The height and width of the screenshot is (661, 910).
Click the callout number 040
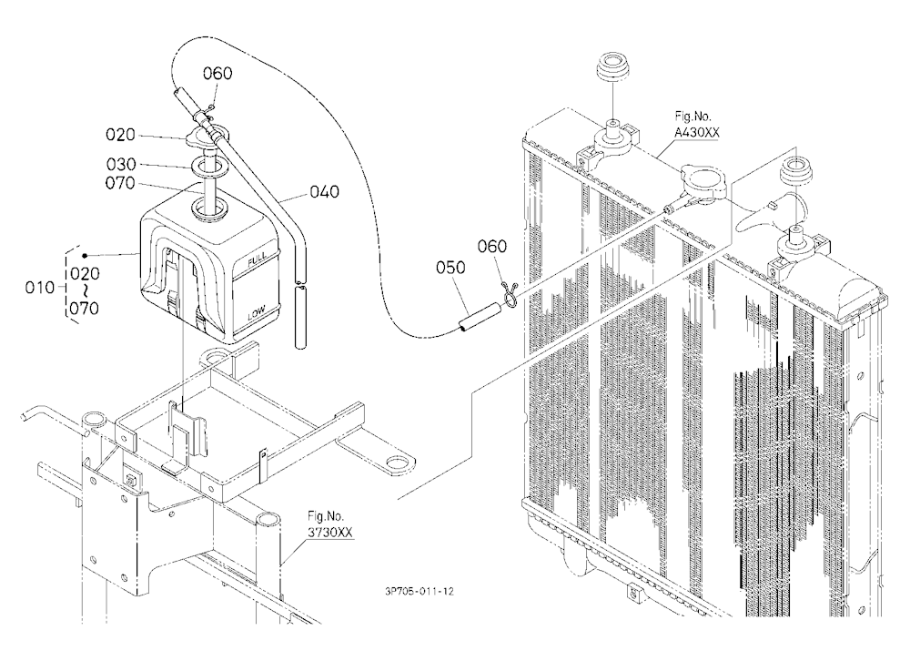point(325,192)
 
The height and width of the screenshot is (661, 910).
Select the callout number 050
point(451,267)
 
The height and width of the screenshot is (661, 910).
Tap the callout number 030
point(121,165)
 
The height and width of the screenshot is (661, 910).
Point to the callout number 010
point(39,287)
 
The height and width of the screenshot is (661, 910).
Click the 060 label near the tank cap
point(217,73)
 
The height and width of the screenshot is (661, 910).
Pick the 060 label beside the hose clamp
point(492,246)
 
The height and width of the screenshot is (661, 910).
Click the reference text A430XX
point(696,132)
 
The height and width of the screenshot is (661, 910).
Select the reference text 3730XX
point(329,532)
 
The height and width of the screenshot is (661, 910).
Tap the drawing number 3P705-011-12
point(419,591)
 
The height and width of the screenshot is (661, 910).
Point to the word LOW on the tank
point(256,313)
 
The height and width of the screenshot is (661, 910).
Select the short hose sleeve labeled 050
point(480,318)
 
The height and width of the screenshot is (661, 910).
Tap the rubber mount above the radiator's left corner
point(612,68)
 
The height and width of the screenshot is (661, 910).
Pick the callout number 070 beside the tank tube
point(120,183)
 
